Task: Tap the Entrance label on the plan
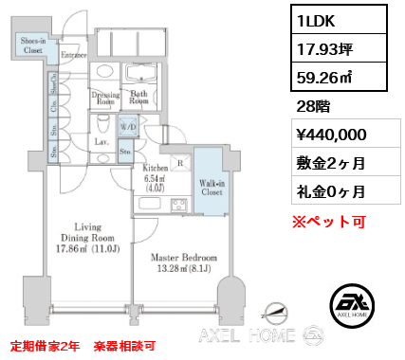pyautogui.click(x=75, y=56)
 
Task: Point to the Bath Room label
pyautogui.click(x=138, y=97)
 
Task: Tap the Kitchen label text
pyautogui.click(x=156, y=167)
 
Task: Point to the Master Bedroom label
pyautogui.click(x=186, y=258)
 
